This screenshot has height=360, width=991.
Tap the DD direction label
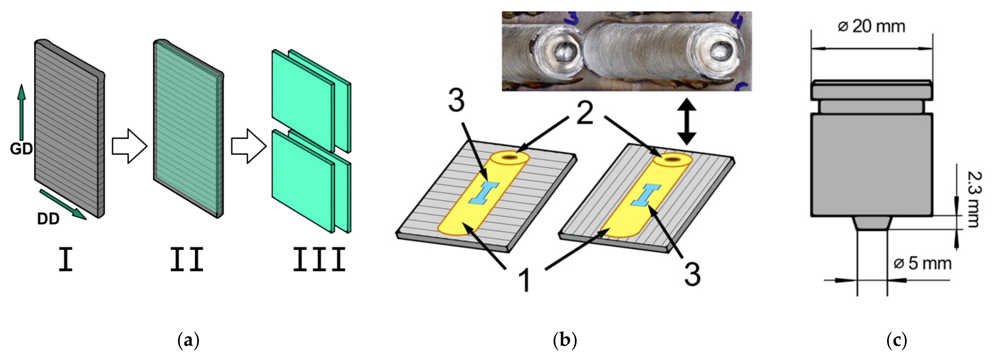pos(48,219)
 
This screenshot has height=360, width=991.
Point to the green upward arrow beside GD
pos(21,111)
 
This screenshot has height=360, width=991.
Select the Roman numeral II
pos(187,260)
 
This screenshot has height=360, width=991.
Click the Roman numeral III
pos(319,260)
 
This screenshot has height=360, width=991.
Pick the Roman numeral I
pos(66,260)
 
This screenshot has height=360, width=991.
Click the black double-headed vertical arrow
pos(687,121)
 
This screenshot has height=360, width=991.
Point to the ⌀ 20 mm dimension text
pos(871,26)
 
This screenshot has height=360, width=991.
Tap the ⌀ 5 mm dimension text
pos(922,263)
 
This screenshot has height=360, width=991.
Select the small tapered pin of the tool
pos(872,223)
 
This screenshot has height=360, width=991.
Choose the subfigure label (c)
pos(896,340)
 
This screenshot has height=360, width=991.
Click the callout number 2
pos(585,114)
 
